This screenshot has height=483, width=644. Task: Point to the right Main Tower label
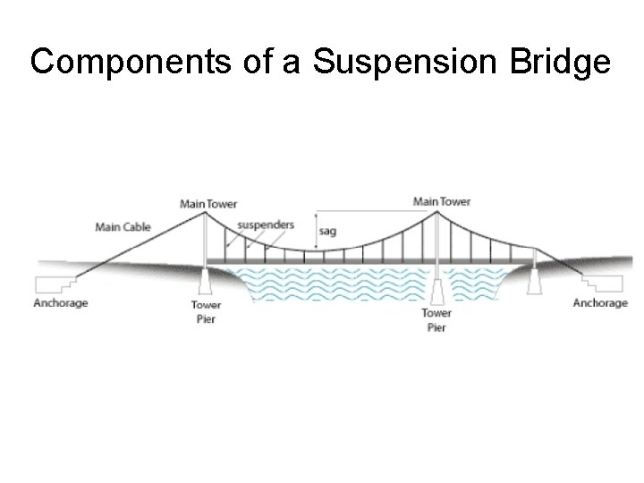(441, 201)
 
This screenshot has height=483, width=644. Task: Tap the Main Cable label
(123, 227)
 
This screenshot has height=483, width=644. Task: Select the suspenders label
(267, 225)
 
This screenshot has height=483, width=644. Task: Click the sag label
(327, 231)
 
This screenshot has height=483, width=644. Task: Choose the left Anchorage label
(61, 303)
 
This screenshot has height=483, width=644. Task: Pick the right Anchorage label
(600, 303)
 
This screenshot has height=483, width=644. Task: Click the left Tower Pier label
(206, 312)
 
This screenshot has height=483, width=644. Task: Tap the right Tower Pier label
(436, 320)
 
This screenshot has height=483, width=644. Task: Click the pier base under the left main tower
(207, 281)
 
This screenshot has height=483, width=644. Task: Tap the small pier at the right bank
(536, 281)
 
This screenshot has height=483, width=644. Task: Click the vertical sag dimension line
(316, 231)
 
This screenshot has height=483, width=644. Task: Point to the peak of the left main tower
(207, 211)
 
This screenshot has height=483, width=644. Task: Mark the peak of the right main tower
(437, 209)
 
